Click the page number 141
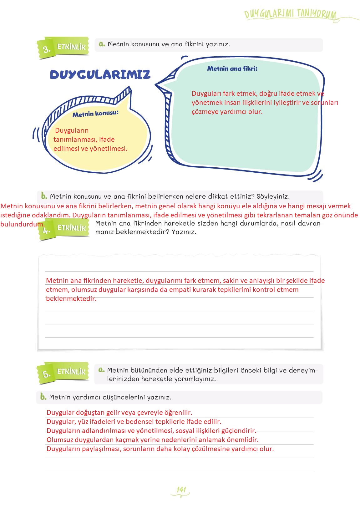coord(181,490)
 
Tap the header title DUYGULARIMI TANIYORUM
coord(290,14)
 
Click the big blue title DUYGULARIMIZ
coord(100,74)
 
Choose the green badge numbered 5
coord(46,374)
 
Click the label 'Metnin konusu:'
coord(95,114)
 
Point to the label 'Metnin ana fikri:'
coord(232,69)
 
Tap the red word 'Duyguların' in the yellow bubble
coord(72,130)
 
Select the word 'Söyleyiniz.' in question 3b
coord(273,196)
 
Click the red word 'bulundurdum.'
coord(22,224)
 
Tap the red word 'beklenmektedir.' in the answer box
coord(71,299)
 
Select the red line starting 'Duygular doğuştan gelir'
coord(119,413)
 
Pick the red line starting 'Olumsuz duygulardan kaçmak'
coord(152,440)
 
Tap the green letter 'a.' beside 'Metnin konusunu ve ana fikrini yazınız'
coord(102,44)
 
